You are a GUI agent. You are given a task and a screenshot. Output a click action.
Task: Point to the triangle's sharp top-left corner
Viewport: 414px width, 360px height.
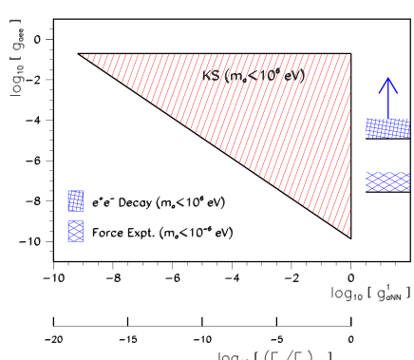83,55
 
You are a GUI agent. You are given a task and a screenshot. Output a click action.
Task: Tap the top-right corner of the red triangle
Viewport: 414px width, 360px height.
350,55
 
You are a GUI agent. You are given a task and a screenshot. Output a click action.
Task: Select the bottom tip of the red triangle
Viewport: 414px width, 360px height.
350,234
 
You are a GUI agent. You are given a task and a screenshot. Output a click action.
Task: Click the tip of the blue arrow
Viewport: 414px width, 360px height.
387,78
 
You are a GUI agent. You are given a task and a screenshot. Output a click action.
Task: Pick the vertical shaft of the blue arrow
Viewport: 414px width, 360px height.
387,101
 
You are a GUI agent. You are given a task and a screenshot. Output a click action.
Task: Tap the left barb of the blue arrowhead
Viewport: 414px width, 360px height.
379,92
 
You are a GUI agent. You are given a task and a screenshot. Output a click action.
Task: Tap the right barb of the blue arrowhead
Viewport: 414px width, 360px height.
397,92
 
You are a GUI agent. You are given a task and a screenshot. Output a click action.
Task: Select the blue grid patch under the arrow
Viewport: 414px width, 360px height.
387,128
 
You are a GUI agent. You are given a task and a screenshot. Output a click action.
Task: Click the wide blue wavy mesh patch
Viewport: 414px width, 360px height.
387,181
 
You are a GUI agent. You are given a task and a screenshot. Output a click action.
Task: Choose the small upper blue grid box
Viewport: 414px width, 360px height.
75,200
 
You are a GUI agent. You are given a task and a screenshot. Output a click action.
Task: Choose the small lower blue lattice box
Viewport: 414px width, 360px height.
75,231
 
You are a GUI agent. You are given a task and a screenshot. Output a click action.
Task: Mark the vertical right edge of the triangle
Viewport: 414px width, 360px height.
350,142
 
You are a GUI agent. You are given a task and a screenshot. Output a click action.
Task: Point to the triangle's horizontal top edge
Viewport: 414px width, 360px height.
218,55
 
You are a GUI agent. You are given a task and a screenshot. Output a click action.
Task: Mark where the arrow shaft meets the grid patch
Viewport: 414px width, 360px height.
387,119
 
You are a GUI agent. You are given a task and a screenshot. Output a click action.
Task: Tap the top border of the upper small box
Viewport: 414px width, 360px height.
75,191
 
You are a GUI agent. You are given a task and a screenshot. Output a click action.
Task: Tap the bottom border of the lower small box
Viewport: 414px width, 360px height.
75,241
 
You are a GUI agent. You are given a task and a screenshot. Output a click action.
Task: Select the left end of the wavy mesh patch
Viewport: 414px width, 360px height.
367,181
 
